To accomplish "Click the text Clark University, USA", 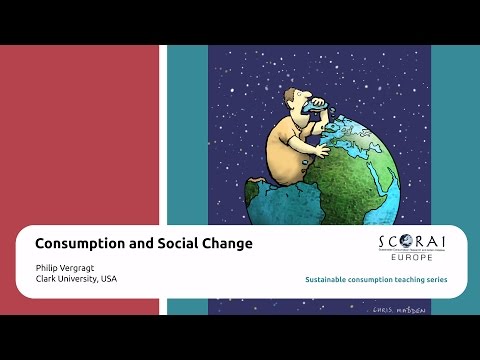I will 76,279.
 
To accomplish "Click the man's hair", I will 290,92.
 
